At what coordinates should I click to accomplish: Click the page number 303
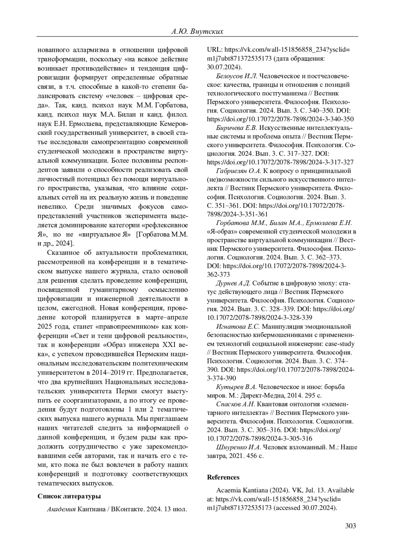[x=351, y=526]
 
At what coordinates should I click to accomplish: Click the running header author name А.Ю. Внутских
[x=197, y=32]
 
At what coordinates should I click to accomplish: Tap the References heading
[x=223, y=477]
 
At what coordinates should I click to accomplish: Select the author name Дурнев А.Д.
[x=233, y=283]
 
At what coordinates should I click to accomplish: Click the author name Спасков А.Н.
[x=235, y=404]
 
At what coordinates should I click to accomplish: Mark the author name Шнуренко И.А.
[x=238, y=447]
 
